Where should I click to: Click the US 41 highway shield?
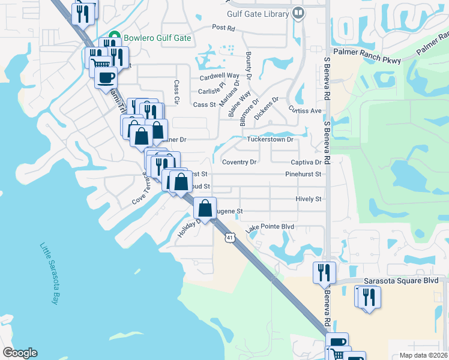point(229,238)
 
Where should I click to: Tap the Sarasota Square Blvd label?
point(405,281)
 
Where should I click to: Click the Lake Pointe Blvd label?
point(270,227)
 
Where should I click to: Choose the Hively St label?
point(309,199)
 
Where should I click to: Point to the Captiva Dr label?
point(306,163)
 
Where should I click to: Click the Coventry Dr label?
point(239,163)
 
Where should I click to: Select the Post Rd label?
point(223,28)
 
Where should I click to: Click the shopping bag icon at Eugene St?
point(205,208)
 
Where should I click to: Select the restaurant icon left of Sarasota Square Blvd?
point(323,272)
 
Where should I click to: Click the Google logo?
point(20,353)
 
